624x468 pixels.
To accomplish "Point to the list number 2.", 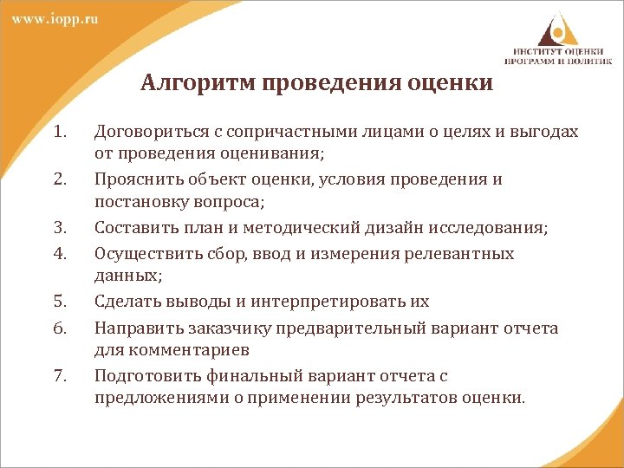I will (x=59, y=179).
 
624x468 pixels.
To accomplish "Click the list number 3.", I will (x=59, y=228).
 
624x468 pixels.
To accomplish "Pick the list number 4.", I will (x=59, y=253).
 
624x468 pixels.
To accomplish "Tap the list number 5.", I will (x=59, y=302).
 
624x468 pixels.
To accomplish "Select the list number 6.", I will (x=59, y=328).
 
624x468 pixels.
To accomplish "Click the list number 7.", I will (x=59, y=376).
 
